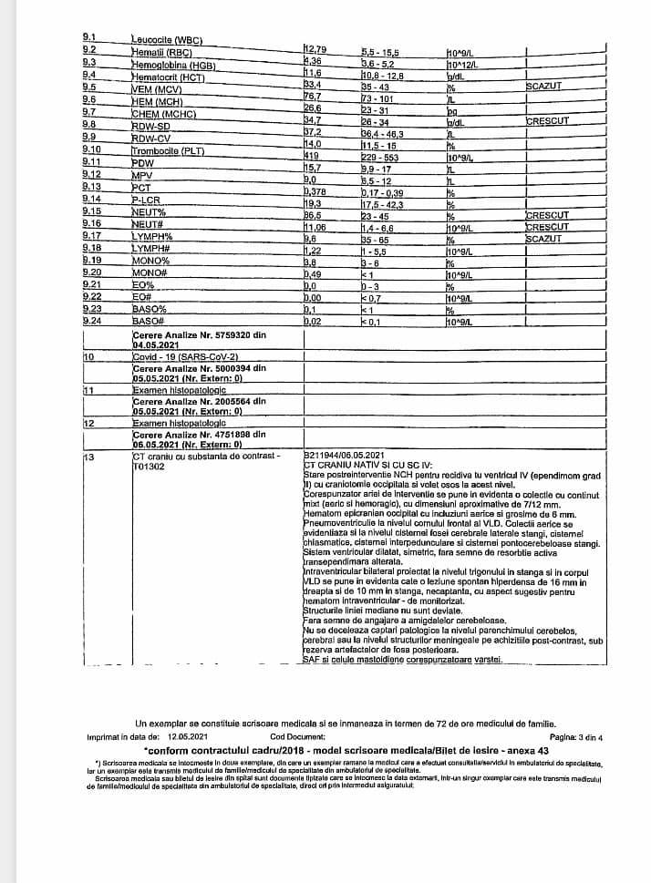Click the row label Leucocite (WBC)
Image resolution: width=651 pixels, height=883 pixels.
coord(166,41)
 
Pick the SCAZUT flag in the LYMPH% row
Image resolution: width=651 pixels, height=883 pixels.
coord(545,240)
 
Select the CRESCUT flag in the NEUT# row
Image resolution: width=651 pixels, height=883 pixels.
coord(547,228)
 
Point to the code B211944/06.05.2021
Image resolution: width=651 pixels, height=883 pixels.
coord(347,455)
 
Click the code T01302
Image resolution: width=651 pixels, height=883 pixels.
coord(149,466)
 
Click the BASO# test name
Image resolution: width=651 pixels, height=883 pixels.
coord(148,322)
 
